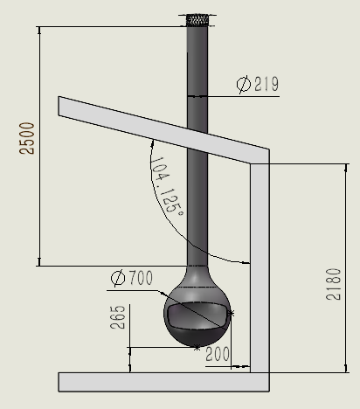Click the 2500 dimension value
(x=27, y=138)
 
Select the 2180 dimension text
(x=333, y=284)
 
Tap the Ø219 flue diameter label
(x=258, y=84)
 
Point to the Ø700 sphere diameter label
(x=132, y=278)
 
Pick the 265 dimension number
(x=118, y=317)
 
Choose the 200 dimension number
(x=218, y=354)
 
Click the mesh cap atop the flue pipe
(x=197, y=20)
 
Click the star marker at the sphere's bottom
(x=197, y=347)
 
